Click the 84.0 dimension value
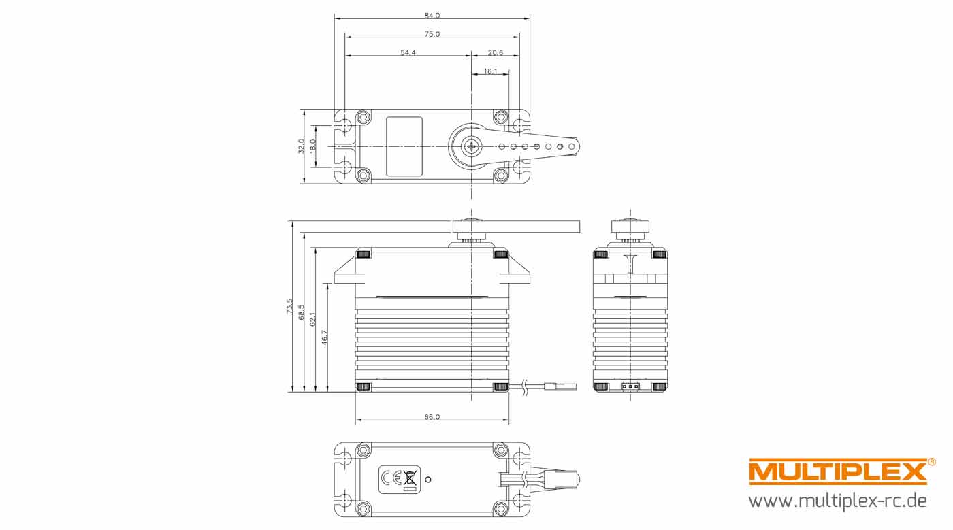tap(432, 16)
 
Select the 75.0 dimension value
tap(432, 34)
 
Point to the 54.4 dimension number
tap(408, 53)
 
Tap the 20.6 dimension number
tap(496, 53)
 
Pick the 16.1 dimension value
tap(490, 71)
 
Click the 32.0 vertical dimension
tap(301, 146)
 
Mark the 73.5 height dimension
tap(290, 306)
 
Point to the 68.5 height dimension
tap(302, 312)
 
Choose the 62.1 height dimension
tap(313, 319)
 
